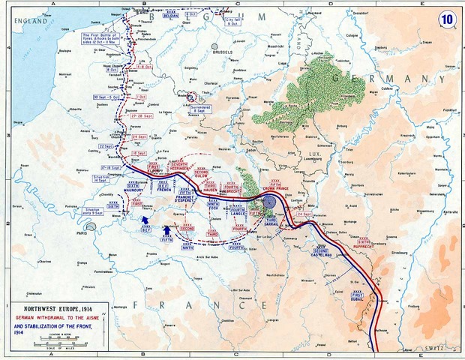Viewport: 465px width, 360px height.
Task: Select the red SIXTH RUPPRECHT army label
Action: [364, 241]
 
